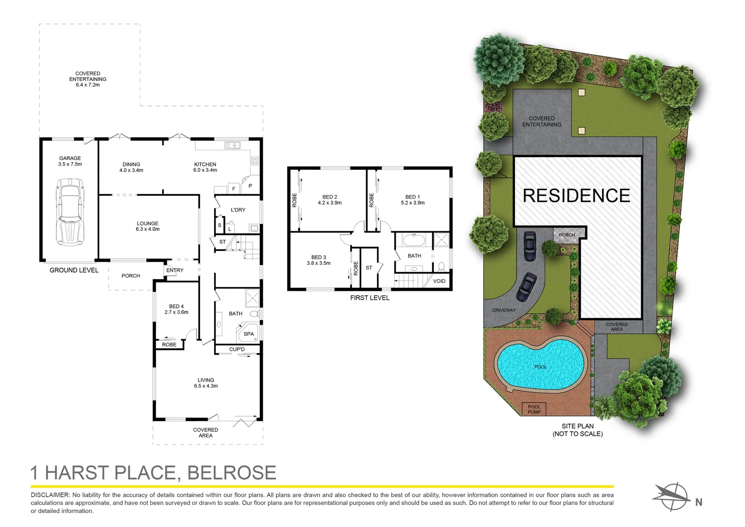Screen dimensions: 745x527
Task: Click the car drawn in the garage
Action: (71, 212)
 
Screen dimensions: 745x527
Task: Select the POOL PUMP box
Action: (534, 409)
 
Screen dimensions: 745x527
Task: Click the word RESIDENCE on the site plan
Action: (576, 195)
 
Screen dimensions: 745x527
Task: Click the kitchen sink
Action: (232, 145)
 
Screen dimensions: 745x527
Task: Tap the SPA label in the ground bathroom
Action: (249, 334)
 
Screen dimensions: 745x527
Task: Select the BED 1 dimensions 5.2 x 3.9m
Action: (413, 203)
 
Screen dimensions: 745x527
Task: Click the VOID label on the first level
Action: (439, 281)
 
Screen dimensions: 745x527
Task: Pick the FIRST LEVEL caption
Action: (370, 298)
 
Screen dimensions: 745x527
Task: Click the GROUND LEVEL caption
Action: (74, 270)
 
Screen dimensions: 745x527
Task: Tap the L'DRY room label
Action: (238, 210)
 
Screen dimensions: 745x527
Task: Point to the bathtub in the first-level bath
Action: (414, 240)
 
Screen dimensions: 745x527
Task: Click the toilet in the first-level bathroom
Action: (441, 266)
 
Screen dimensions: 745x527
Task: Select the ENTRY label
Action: (175, 270)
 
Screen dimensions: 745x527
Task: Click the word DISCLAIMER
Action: (50, 495)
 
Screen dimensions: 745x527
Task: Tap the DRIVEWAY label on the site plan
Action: (504, 310)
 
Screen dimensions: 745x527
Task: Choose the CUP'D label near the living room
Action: (237, 349)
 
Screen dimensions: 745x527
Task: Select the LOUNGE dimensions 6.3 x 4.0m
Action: (148, 229)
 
